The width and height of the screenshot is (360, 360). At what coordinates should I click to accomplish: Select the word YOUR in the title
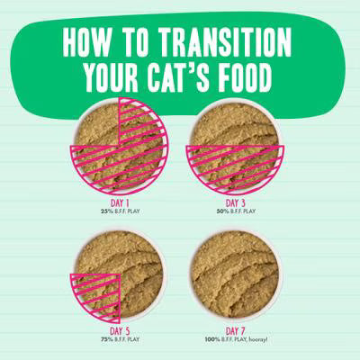pyautogui.click(x=112, y=79)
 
